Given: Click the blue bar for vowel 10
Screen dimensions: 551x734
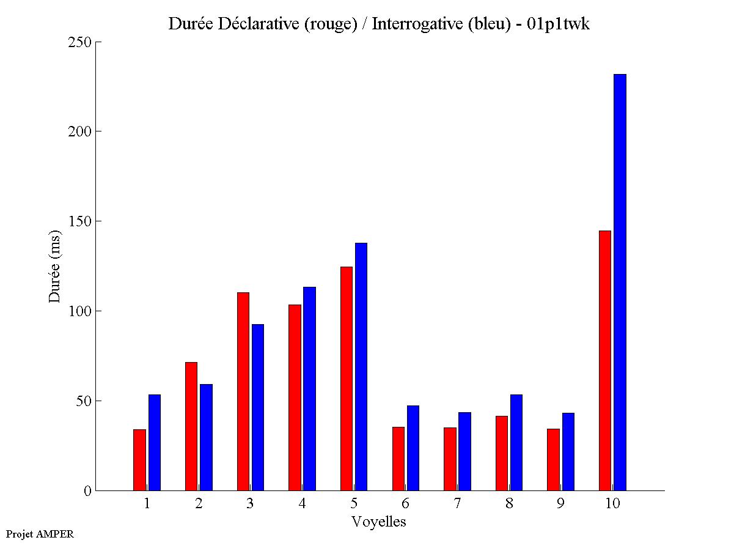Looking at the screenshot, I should pos(620,282).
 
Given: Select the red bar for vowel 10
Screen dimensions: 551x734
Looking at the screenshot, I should pos(605,360).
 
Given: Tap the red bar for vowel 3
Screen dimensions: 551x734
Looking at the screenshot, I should pos(243,391).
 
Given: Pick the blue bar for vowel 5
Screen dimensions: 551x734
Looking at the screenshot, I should pos(361,366).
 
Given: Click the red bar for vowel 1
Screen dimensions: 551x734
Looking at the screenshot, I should pos(139,460).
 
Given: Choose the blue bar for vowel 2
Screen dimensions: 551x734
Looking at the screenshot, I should pos(206,437).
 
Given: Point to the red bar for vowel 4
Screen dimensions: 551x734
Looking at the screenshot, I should pos(295,398).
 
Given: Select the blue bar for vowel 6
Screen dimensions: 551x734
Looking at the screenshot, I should pos(413,448).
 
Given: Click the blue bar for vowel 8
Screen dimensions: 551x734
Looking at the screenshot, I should pos(516,442).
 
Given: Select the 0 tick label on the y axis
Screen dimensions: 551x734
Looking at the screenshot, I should pos(87,490).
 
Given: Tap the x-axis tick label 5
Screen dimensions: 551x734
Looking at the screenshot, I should pos(354,504).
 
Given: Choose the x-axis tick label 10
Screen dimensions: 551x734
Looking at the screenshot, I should pos(612,504).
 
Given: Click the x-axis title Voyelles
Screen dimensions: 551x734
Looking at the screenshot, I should pos(379,522).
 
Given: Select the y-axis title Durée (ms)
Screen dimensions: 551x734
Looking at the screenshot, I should pos(55,266).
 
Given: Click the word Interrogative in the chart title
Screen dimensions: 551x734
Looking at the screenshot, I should pos(411,24).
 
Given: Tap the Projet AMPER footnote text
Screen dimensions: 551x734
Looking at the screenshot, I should pos(40,534).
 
